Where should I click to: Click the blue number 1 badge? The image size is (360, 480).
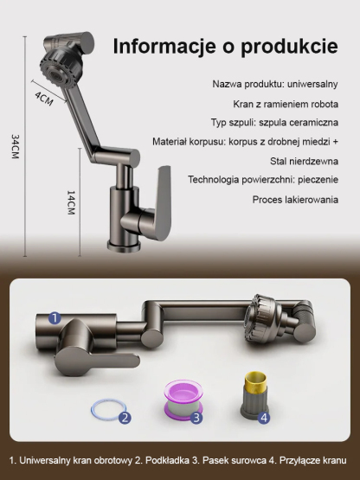coord(54,318)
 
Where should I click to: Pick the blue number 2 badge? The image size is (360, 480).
coord(125,417)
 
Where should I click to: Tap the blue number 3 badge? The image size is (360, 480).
coord(196,418)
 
